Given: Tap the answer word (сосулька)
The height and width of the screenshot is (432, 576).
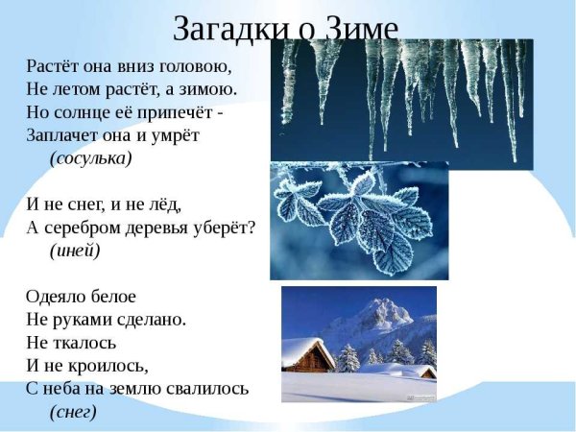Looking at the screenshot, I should tap(90, 157).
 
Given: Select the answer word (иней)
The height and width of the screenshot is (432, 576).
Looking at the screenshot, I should tap(74, 250).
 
